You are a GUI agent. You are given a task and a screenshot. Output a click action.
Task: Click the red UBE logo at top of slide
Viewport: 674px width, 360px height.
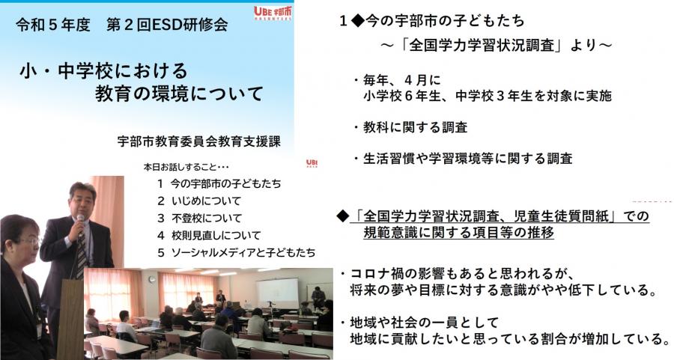pyautogui.click(x=273, y=13)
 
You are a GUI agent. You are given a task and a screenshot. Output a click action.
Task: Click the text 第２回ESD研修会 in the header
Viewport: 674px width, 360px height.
pyautogui.click(x=167, y=25)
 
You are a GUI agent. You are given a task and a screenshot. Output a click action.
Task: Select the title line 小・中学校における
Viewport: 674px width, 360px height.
pyautogui.click(x=103, y=71)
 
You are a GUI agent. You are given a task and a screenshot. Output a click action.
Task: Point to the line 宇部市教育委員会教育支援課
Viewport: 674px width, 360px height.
pyautogui.click(x=199, y=141)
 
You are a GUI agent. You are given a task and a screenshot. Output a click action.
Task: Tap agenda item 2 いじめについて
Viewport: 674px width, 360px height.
pyautogui.click(x=199, y=201)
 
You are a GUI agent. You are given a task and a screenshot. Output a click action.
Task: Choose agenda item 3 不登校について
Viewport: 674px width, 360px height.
pyautogui.click(x=199, y=218)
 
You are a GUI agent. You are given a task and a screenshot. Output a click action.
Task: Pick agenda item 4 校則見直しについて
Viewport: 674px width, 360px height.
pyautogui.click(x=209, y=235)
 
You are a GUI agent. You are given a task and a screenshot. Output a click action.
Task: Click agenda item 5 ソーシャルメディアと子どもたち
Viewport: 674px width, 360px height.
pyautogui.click(x=236, y=252)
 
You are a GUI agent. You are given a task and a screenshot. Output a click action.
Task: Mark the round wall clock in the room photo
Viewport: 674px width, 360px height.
pyautogui.click(x=152, y=279)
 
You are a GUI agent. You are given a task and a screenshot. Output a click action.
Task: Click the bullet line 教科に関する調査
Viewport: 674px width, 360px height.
pyautogui.click(x=410, y=127)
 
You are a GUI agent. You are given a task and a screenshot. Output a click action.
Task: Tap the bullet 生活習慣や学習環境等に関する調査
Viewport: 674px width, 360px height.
pyautogui.click(x=463, y=159)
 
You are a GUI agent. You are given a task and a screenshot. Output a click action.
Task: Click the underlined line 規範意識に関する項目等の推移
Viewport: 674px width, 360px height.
pyautogui.click(x=458, y=233)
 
